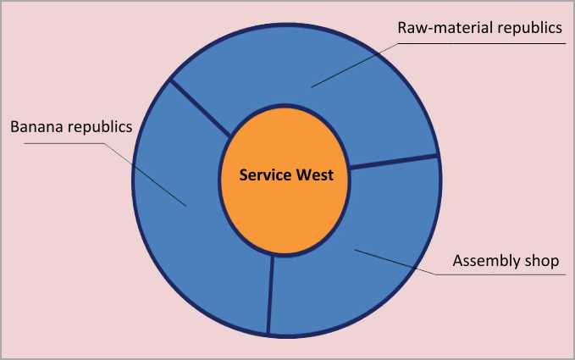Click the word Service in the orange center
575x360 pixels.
coord(264,176)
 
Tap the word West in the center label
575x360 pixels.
coord(314,176)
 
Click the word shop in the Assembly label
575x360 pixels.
coord(542,260)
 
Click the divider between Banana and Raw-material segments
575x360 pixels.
coord(201,108)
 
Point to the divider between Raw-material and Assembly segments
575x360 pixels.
coord(394,162)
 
